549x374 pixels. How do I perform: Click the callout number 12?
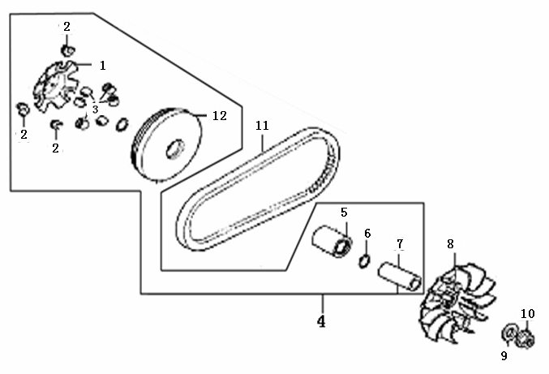tap(219, 116)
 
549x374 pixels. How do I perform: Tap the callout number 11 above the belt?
tap(261, 126)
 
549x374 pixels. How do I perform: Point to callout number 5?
tap(344, 213)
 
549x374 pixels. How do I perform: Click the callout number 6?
tap(367, 234)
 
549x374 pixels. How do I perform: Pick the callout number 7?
tap(400, 244)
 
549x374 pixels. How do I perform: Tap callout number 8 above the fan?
tap(451, 243)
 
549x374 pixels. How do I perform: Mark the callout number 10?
tap(528, 313)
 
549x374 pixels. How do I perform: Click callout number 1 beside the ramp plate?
tap(103, 64)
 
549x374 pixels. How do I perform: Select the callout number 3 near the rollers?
tap(95, 109)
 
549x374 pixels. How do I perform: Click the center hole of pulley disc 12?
tap(174, 150)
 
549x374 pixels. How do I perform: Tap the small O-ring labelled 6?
tap(365, 260)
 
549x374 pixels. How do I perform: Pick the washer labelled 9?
tap(510, 333)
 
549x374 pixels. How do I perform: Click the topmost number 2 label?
tap(66, 27)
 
